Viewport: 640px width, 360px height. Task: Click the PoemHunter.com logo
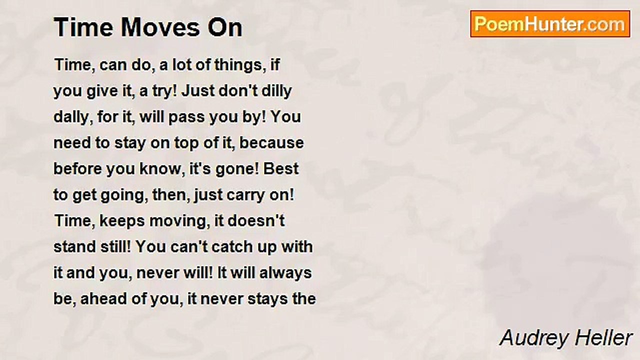(550, 24)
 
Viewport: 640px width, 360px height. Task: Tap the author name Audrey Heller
(566, 338)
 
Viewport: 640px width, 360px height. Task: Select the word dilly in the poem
(277, 91)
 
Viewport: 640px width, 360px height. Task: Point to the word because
(279, 143)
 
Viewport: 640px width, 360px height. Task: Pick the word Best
(281, 169)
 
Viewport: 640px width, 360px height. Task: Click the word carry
(234, 195)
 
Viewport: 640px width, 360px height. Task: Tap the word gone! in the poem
(236, 169)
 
